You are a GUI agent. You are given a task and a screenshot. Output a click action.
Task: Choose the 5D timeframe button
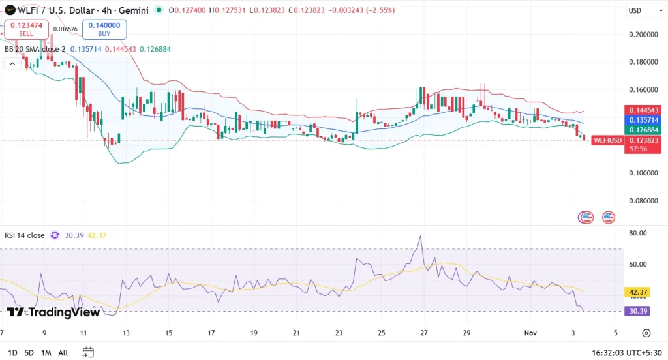tap(29, 353)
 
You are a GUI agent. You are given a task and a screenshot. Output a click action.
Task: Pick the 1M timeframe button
tap(46, 353)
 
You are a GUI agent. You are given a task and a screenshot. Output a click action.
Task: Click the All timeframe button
tap(63, 353)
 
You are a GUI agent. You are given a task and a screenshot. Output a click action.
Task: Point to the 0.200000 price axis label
tap(642, 35)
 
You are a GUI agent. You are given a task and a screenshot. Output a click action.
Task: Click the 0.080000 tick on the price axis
tap(642, 201)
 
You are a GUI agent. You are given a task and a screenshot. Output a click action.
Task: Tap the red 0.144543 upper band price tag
tap(643, 110)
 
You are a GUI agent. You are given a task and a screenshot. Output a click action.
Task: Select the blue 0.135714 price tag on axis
tap(643, 120)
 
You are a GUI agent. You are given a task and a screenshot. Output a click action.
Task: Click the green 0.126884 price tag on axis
tap(643, 130)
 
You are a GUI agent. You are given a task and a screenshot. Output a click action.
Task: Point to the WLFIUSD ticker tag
tap(606, 140)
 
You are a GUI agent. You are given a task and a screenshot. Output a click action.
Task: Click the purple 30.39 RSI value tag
tap(637, 312)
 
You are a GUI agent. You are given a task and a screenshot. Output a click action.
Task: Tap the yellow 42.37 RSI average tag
tap(637, 292)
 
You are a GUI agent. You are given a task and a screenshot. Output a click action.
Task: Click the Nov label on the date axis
tap(530, 333)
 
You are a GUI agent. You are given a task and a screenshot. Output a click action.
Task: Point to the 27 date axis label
tap(424, 333)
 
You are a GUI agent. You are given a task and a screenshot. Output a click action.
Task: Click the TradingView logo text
tap(53, 312)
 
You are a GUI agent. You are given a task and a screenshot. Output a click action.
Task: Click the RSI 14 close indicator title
tap(25, 235)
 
